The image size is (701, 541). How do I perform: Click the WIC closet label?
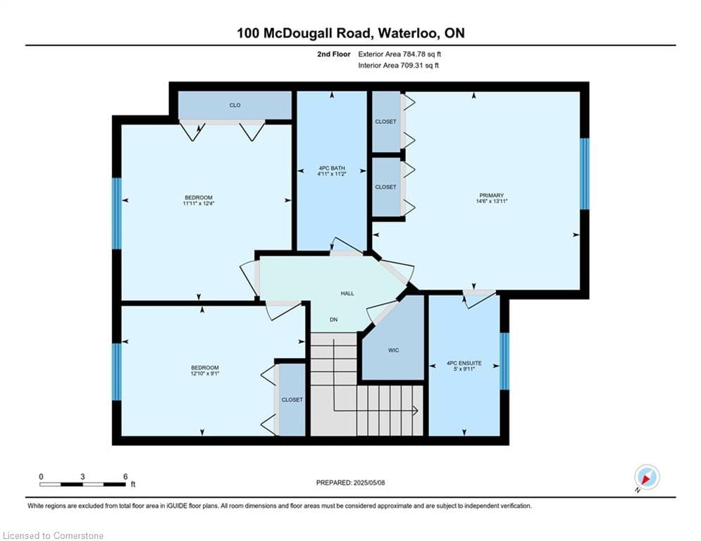[x=393, y=350]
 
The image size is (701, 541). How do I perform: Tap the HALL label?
[x=347, y=293]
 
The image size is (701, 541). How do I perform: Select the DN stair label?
[x=333, y=320]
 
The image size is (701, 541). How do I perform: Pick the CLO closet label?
[x=235, y=105]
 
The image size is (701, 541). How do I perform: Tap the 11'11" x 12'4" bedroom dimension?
[x=199, y=204]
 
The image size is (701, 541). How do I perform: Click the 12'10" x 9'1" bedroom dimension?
[x=205, y=373]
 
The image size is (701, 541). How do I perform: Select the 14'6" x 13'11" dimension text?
[x=491, y=201]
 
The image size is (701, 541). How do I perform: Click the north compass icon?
[x=647, y=477]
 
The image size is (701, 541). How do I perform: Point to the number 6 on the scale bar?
[x=125, y=477]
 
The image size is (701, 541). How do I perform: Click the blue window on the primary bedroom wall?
[x=584, y=174]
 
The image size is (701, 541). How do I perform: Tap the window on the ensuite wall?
[x=504, y=361]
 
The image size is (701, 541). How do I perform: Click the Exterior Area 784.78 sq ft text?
[x=399, y=54]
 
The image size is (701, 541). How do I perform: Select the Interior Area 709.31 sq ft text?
[x=398, y=66]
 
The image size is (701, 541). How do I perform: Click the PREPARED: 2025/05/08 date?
[x=351, y=483]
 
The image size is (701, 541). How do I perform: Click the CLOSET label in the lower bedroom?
[x=292, y=399]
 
